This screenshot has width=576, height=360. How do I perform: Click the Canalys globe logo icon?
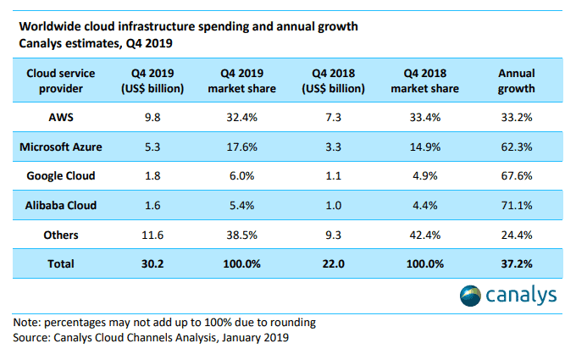coord(470,296)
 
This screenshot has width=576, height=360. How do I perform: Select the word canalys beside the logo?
coord(522,296)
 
